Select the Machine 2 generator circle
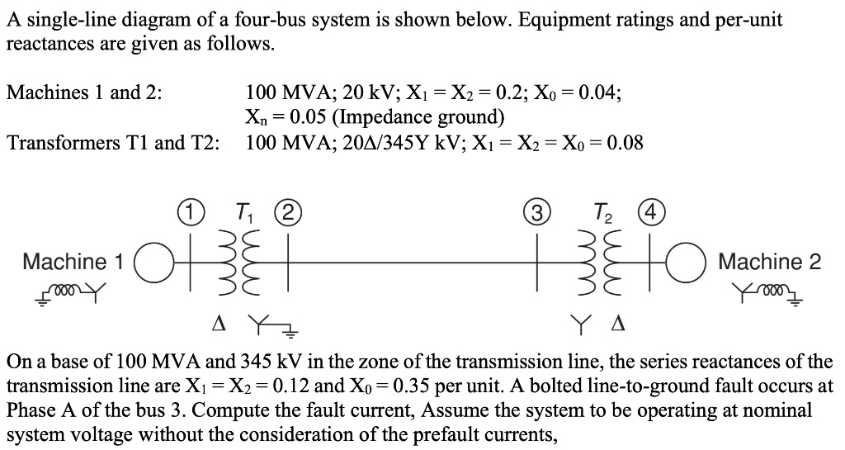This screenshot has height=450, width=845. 693,263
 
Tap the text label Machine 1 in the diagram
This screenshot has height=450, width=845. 73,263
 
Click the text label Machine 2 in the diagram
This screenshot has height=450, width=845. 770,263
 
